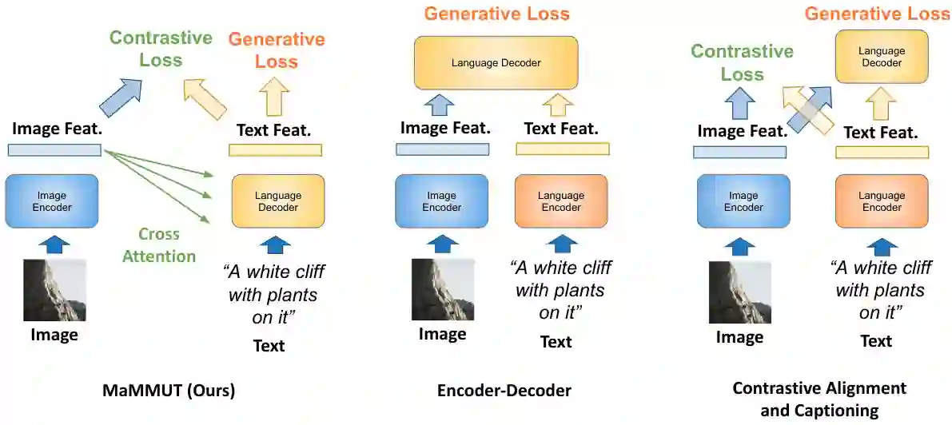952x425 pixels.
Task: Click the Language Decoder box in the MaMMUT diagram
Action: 277,201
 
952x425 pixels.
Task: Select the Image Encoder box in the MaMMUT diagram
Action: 52,201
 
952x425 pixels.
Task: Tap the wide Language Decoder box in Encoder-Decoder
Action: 496,62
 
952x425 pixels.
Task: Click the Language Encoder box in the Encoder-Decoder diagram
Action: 561,201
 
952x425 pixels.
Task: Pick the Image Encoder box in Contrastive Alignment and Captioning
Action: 743,201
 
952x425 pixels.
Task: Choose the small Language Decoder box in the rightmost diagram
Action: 881,56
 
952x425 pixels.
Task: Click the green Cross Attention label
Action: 158,245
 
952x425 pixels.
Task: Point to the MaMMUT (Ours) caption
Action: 169,391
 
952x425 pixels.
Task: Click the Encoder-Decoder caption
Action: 504,391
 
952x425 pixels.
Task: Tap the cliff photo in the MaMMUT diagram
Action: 54,290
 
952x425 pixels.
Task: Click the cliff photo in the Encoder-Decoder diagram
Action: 442,290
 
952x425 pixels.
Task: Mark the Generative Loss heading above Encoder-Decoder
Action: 496,14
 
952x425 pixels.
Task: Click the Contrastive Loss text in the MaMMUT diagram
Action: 161,49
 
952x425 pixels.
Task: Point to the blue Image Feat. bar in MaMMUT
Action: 54,150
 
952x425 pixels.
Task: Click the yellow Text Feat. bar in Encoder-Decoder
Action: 562,149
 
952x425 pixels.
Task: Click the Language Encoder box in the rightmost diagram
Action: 882,201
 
